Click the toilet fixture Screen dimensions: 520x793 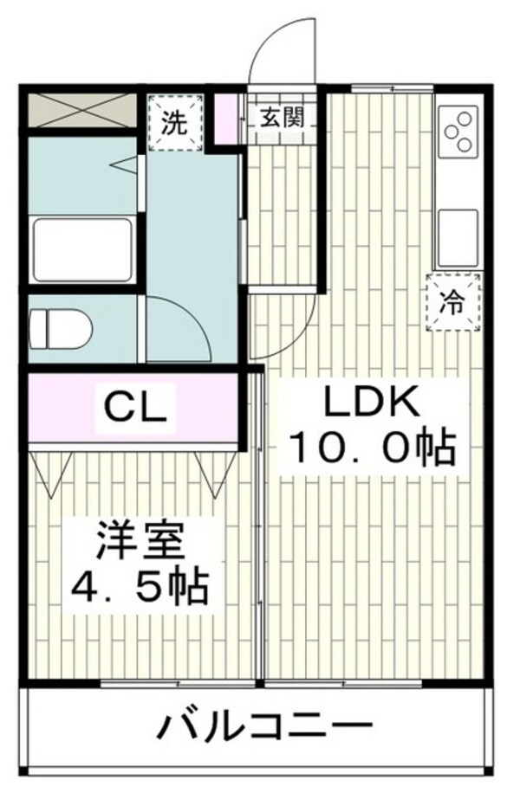coord(61,329)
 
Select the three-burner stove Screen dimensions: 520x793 coord(458,130)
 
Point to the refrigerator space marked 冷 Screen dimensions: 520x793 coord(453,302)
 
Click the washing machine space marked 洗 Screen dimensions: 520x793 coord(176,122)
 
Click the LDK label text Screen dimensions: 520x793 coord(372,402)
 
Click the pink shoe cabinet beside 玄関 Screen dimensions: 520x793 coord(225,118)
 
